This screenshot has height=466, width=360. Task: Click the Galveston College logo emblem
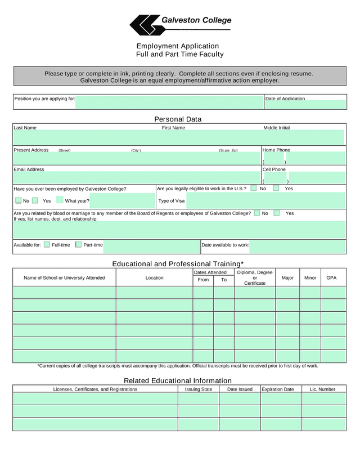[x=144, y=24]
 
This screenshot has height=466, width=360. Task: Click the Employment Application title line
[x=177, y=46]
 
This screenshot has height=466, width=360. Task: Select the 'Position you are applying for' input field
[x=169, y=102]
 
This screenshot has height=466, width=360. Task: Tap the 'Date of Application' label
[x=285, y=98]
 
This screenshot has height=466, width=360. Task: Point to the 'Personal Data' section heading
[x=178, y=119]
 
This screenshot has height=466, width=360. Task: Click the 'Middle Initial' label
[x=277, y=128]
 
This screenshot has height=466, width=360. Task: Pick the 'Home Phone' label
[x=276, y=150]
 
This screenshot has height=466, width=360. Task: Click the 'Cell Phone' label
[x=274, y=169]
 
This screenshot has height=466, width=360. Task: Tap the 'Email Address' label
[x=29, y=169]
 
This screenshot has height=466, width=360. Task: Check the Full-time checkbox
[x=47, y=245]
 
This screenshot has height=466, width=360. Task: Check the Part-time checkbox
[x=79, y=245]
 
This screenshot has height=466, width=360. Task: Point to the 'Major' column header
[x=287, y=277]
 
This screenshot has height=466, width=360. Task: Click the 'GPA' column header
[x=331, y=277]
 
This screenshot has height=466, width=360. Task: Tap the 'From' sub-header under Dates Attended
[x=204, y=280]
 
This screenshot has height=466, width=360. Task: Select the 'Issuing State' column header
[x=199, y=389]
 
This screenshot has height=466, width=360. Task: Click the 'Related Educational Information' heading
[x=178, y=380]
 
